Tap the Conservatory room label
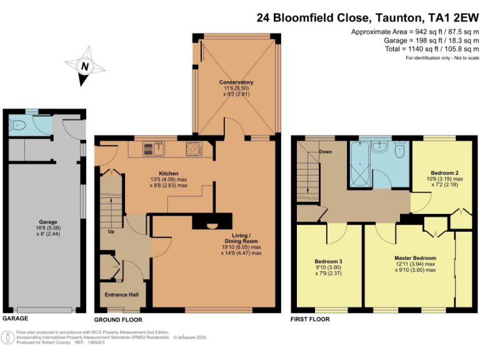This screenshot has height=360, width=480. (236, 82)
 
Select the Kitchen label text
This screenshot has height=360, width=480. (168, 173)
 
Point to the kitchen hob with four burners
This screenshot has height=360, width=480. (194, 149)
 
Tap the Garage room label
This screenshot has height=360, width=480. (48, 222)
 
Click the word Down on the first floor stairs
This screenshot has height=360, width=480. (325, 152)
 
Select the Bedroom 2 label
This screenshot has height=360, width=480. (445, 172)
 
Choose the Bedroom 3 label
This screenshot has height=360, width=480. (327, 261)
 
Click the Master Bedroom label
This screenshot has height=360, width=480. (415, 257)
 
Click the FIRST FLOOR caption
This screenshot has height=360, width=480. (310, 319)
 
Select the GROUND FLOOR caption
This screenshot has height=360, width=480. (118, 319)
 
